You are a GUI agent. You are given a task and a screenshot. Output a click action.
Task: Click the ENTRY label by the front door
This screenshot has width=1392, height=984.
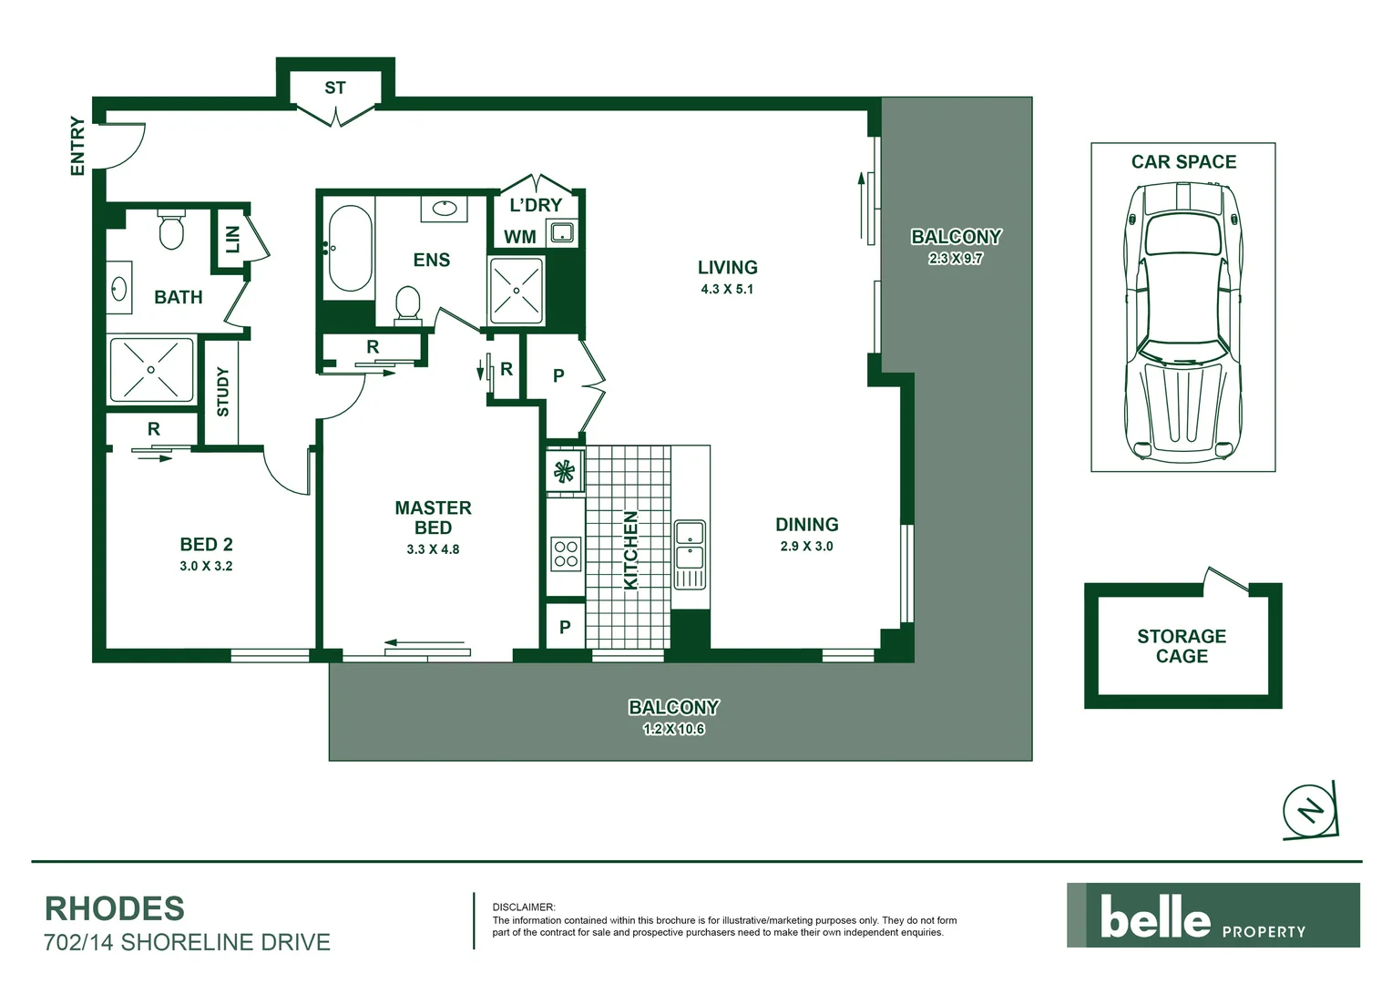[x=77, y=146]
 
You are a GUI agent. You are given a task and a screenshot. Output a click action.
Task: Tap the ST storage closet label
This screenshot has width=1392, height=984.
[x=335, y=88]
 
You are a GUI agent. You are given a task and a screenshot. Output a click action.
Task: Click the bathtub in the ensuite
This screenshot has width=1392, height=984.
[x=349, y=248]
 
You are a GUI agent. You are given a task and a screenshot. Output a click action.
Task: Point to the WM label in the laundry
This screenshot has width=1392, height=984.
[x=520, y=237]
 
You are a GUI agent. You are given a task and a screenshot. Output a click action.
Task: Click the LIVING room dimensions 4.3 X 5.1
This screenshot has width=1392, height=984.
[x=727, y=290]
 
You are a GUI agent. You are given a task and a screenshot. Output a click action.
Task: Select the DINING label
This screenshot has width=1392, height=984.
[x=806, y=525]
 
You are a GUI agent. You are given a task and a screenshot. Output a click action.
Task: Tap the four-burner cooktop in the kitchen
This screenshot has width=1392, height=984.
[x=566, y=554]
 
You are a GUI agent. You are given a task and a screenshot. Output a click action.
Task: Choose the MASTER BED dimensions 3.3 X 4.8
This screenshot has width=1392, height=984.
[x=433, y=549]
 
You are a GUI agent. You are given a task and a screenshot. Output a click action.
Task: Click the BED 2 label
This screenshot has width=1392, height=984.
[x=206, y=545]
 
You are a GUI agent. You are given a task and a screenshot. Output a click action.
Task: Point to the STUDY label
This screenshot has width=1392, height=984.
[x=223, y=392]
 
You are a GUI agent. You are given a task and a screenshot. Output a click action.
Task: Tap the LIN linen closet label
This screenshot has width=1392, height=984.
[x=232, y=240]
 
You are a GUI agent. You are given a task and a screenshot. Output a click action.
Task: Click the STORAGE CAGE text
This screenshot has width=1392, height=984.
[x=1182, y=646]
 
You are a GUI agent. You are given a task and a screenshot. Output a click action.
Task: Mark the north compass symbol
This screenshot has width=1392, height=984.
[x=1310, y=810]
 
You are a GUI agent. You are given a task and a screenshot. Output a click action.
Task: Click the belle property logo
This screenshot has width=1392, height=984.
[x=1213, y=916]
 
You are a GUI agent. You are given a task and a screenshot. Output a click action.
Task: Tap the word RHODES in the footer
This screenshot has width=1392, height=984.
[x=115, y=909]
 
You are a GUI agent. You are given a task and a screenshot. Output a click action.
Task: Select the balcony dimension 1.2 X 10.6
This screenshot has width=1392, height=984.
[x=673, y=730]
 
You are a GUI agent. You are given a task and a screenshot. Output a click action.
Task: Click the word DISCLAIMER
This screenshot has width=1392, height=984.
[x=523, y=907]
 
